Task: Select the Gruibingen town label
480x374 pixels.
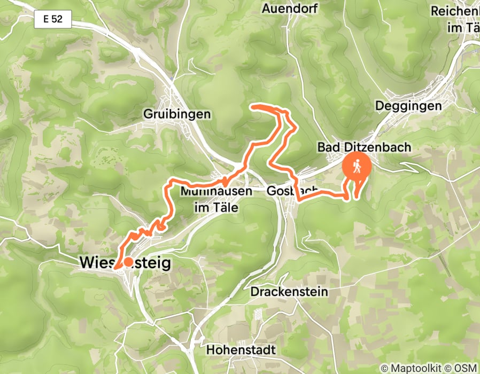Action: click(x=177, y=114)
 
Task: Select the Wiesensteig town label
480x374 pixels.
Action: click(x=125, y=262)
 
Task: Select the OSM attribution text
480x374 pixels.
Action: click(x=466, y=368)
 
